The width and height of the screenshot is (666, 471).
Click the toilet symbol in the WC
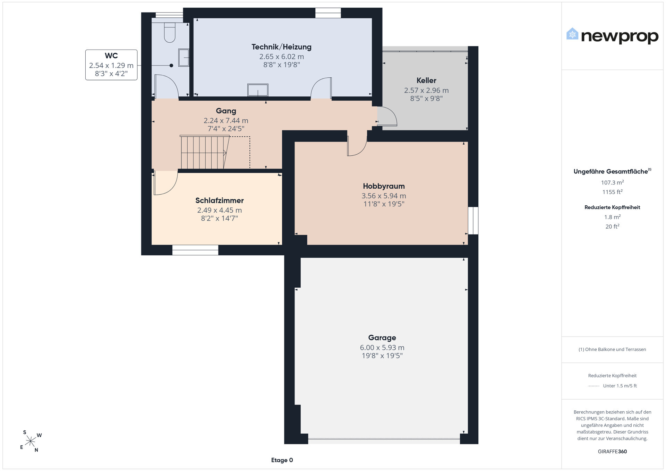pyautogui.click(x=170, y=33)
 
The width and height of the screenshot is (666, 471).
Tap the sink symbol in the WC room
pyautogui.click(x=183, y=57)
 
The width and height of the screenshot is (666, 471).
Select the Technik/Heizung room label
pyautogui.click(x=281, y=47)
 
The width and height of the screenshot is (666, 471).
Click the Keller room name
pyautogui.click(x=426, y=80)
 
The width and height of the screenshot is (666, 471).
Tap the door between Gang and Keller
pyautogui.click(x=387, y=116)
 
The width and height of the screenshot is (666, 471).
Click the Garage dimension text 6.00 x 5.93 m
pyautogui.click(x=382, y=348)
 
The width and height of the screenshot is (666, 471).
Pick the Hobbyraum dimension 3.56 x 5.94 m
pyautogui.click(x=384, y=196)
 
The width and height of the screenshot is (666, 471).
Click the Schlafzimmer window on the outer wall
pyautogui.click(x=195, y=250)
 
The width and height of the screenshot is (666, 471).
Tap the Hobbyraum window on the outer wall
pyautogui.click(x=473, y=221)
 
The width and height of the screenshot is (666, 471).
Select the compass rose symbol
pyautogui.click(x=31, y=441)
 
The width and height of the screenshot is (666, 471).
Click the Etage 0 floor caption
pyautogui.click(x=282, y=460)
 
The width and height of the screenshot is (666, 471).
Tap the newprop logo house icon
pyautogui.click(x=572, y=34)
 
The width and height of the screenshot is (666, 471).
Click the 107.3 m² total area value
pyautogui.click(x=613, y=182)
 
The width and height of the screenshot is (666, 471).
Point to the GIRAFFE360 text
pyautogui.click(x=612, y=452)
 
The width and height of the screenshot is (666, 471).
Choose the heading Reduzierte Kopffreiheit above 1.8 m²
pyautogui.click(x=612, y=207)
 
